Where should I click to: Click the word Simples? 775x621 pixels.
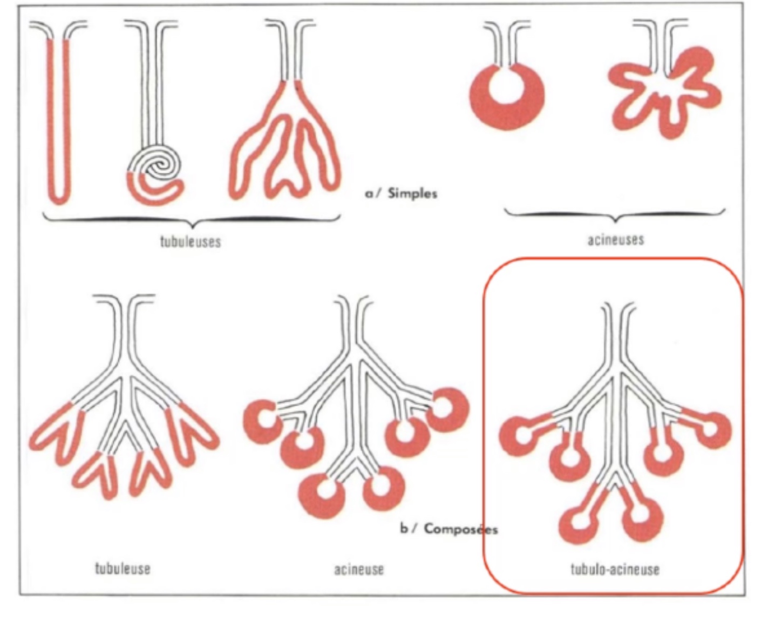pyautogui.click(x=412, y=193)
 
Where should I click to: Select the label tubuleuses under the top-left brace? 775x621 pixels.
pyautogui.click(x=191, y=241)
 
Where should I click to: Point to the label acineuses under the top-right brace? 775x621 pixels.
pyautogui.click(x=615, y=239)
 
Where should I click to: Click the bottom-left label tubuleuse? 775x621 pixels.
pyautogui.click(x=123, y=568)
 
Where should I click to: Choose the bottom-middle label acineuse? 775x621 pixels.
pyautogui.click(x=359, y=569)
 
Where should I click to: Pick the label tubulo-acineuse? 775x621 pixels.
pyautogui.click(x=615, y=569)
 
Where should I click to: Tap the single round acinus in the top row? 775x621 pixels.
pyautogui.click(x=506, y=97)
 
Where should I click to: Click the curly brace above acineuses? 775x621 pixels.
pyautogui.click(x=615, y=217)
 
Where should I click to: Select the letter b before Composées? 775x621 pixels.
pyautogui.click(x=403, y=528)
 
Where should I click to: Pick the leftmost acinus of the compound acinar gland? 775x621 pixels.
pyautogui.click(x=263, y=421)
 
